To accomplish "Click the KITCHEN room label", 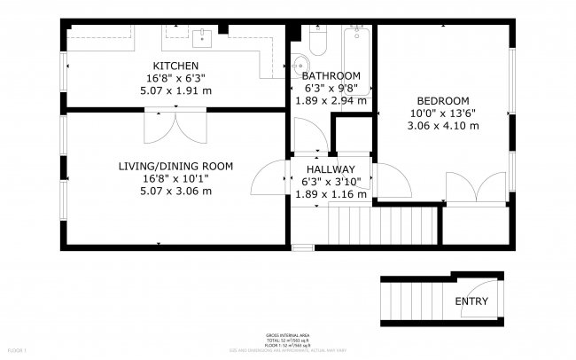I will tap(175, 67).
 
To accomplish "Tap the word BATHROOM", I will tap(331, 75).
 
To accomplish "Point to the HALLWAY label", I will tap(331, 169).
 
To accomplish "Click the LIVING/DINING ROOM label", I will tap(175, 166).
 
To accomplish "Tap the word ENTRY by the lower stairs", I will tap(471, 301).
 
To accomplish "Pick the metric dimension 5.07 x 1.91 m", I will tap(175, 90).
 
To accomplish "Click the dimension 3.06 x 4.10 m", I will tap(442, 126).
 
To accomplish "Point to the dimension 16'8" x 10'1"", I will tap(175, 178).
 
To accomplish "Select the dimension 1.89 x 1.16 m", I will tap(331, 193).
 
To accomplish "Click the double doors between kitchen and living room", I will tap(175, 126).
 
